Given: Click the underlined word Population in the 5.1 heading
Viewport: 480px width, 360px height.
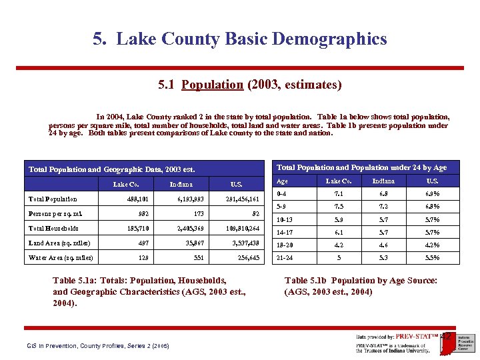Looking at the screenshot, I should click(212, 85).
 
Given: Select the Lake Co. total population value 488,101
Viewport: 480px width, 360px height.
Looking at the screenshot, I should click(139, 199).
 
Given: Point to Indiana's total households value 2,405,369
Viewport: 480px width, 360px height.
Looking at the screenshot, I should click(191, 228).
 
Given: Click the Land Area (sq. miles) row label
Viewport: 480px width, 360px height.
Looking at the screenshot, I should click(61, 243).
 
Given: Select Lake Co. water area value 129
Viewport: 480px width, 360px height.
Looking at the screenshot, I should click(143, 257).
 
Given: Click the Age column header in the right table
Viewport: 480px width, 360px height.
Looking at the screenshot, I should click(283, 181).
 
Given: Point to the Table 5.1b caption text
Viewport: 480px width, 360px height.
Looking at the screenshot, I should click(361, 286).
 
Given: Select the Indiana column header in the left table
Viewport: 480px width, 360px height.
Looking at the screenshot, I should click(181, 184).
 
